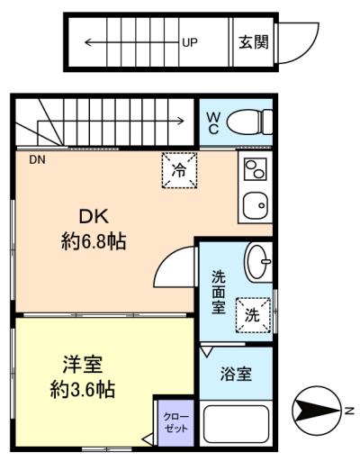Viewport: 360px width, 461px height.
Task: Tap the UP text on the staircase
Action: (189, 41)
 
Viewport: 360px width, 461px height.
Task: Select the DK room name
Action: (94, 217)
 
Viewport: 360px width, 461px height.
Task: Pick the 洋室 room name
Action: (82, 366)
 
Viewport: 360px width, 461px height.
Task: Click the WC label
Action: (213, 121)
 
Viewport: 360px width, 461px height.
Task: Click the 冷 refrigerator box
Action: (179, 169)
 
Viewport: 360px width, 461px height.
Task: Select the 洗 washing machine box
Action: (254, 314)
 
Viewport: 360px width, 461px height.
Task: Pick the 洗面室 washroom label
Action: (219, 293)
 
